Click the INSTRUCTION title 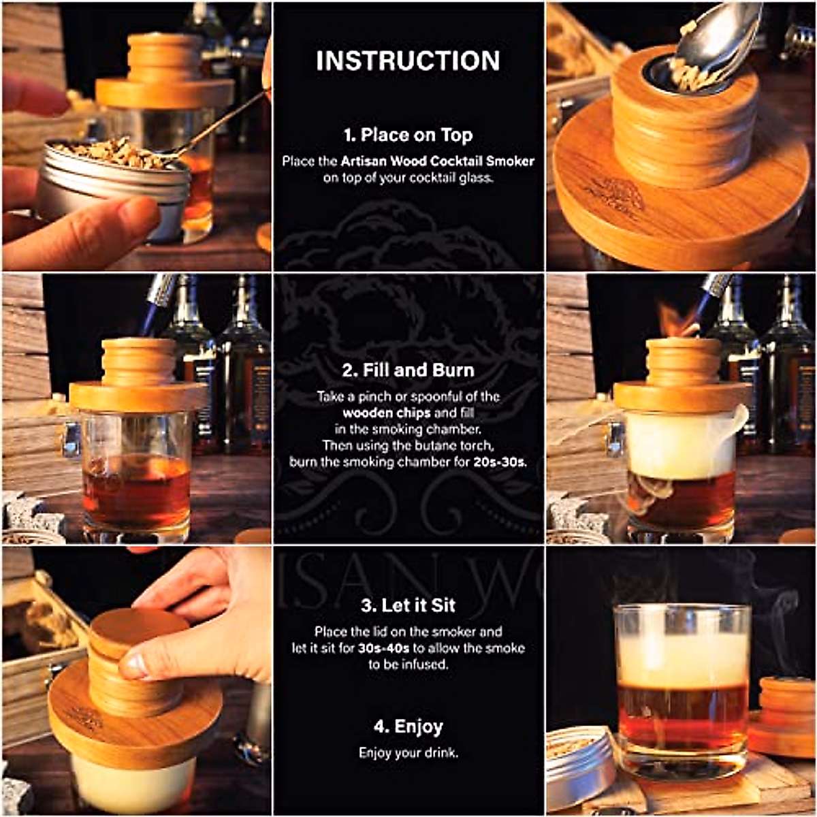tap(408, 61)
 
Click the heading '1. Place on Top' tap(408, 135)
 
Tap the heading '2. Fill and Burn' tap(408, 370)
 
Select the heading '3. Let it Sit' tap(408, 605)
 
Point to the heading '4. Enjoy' tap(408, 726)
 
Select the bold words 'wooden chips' tap(387, 413)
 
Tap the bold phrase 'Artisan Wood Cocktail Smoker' tap(438, 161)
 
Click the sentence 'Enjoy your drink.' tap(408, 753)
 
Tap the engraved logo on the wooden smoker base tap(614, 196)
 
